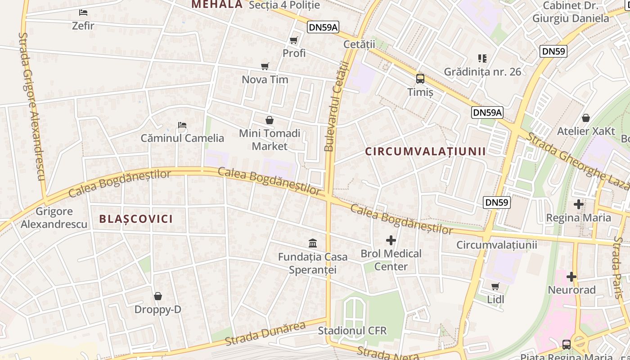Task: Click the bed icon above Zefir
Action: click(x=83, y=12)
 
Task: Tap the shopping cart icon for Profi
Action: click(x=294, y=40)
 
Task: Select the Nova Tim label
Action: click(x=265, y=80)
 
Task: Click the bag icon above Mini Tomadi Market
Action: click(x=270, y=120)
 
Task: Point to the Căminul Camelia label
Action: click(x=182, y=138)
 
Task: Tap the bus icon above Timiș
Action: click(x=420, y=79)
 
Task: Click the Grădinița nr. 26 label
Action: click(x=482, y=72)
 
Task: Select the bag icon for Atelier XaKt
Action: click(x=586, y=118)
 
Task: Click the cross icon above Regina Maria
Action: click(x=579, y=205)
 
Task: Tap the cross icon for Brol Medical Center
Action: click(x=391, y=240)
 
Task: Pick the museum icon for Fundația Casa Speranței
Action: click(x=313, y=243)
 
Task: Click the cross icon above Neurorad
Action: click(x=571, y=277)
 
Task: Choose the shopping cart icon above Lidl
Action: click(x=495, y=286)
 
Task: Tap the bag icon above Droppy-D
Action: click(x=158, y=296)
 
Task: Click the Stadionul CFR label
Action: click(x=352, y=331)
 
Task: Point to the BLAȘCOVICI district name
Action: click(x=136, y=219)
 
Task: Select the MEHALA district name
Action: click(x=217, y=4)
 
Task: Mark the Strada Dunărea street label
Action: click(x=265, y=333)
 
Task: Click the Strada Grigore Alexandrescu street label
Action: click(x=32, y=106)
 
